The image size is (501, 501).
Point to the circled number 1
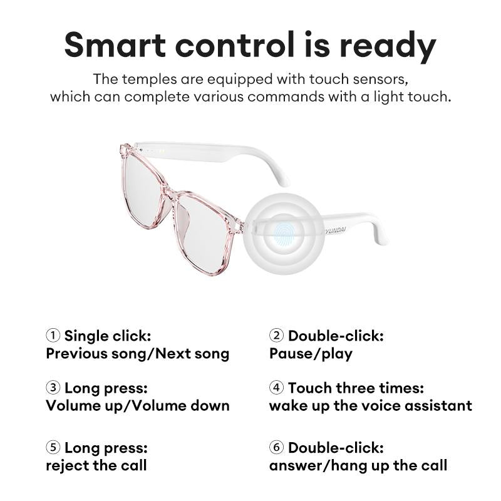point(53,336)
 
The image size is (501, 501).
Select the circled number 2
point(276,336)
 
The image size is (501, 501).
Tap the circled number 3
point(53,388)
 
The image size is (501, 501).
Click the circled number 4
point(276,388)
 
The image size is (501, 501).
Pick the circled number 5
point(53,448)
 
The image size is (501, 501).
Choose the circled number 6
point(276,448)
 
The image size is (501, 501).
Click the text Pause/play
point(311,354)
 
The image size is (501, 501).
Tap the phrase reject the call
point(96,466)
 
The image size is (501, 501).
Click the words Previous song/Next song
point(138,354)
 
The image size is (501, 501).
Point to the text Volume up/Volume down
point(138,406)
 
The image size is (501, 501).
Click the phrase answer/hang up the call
point(358,466)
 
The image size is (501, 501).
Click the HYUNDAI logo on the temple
point(339,231)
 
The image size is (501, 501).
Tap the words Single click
point(107,336)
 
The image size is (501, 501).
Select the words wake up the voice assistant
point(370,406)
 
